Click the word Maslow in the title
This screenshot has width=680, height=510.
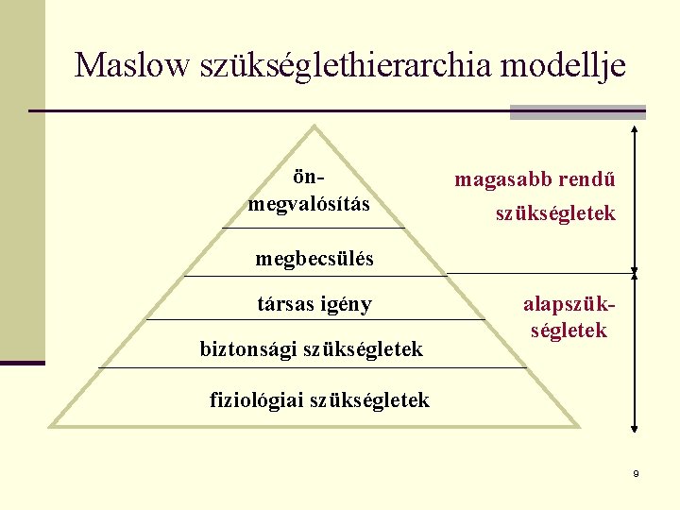131,65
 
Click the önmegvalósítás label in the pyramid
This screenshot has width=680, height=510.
309,191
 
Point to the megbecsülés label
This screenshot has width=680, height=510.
314,258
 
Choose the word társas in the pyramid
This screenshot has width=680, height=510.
284,304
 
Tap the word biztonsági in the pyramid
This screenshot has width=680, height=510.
247,349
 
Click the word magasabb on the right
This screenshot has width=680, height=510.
499,178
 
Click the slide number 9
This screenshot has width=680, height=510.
637,473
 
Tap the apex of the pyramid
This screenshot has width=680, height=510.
314,127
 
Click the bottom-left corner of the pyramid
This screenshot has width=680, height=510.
51,427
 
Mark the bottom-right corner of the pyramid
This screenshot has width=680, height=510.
578,427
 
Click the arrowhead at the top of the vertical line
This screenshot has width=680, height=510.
635,127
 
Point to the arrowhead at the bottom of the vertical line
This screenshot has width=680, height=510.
635,437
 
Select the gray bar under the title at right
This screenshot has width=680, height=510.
577,111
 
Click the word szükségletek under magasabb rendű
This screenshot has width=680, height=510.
555,214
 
